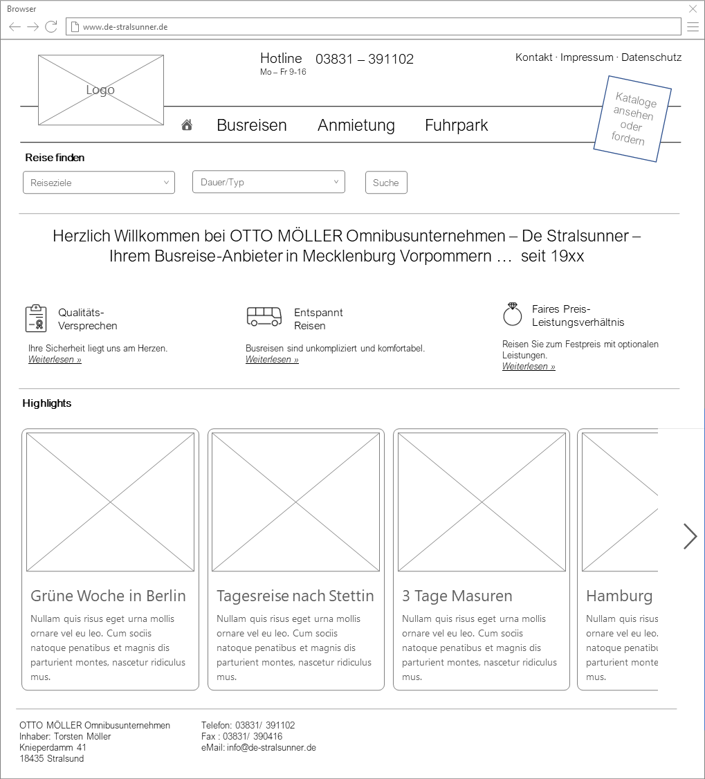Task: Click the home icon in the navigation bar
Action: click(x=187, y=125)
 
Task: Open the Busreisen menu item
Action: click(x=251, y=125)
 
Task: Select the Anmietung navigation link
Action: click(x=356, y=125)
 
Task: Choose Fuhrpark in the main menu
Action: click(x=456, y=125)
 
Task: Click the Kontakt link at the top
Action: click(x=533, y=57)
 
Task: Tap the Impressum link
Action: click(x=587, y=57)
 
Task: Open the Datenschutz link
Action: click(x=651, y=57)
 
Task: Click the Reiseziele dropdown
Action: click(x=99, y=183)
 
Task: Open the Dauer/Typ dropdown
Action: click(x=268, y=182)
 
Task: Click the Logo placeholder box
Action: click(x=101, y=90)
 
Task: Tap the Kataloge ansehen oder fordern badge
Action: click(x=632, y=119)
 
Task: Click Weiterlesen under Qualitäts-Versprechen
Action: click(x=55, y=360)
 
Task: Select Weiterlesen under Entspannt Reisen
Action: click(x=272, y=360)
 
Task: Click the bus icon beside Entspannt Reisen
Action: click(x=264, y=317)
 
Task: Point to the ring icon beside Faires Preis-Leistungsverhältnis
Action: click(x=512, y=315)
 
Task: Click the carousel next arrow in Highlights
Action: click(x=690, y=536)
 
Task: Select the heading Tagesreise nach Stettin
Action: click(x=295, y=596)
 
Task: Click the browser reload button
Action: click(x=51, y=27)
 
